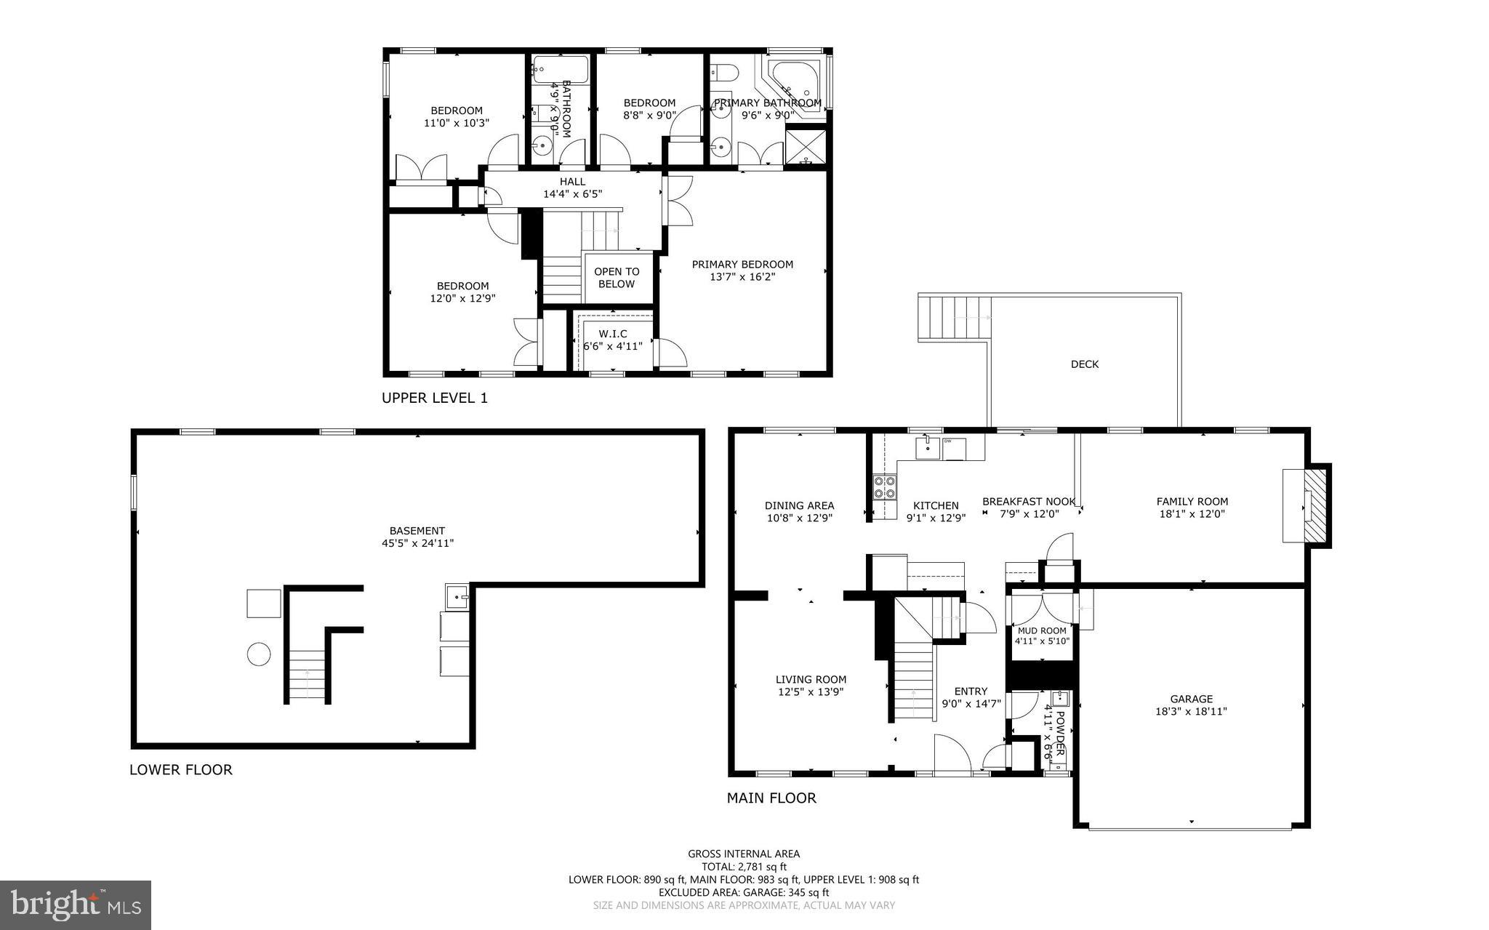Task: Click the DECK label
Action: (1084, 364)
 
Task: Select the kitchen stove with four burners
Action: (884, 486)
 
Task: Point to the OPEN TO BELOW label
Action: (617, 278)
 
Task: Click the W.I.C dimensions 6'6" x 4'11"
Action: (613, 346)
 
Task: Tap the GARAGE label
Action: (1191, 699)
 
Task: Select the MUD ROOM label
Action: (1041, 630)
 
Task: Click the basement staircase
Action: (307, 676)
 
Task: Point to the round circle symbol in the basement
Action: (259, 654)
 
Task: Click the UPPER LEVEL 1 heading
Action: (434, 398)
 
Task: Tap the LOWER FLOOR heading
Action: (180, 769)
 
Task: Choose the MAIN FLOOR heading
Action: (771, 798)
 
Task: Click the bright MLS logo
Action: (76, 905)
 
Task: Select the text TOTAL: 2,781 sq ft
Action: (743, 867)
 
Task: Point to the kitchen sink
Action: (926, 448)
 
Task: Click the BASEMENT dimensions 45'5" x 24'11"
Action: (417, 543)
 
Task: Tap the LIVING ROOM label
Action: (810, 679)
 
